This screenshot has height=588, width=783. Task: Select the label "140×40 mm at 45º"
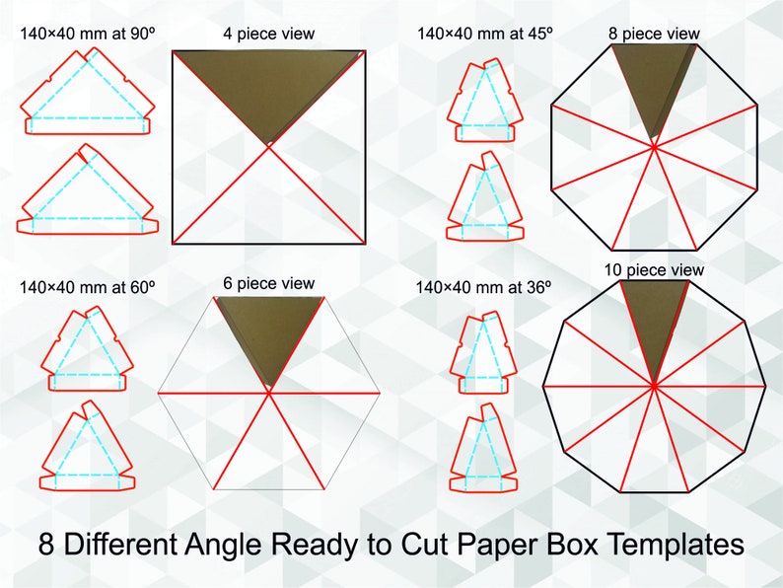pyautogui.click(x=485, y=33)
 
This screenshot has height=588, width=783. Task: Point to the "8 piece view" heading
pyautogui.click(x=654, y=34)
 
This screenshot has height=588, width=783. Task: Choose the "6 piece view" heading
pyautogui.click(x=268, y=283)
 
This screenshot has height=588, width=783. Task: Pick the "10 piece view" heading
pyautogui.click(x=654, y=269)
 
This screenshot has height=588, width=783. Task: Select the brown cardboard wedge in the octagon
pyautogui.click(x=654, y=84)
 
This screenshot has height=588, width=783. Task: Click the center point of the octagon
pyautogui.click(x=654, y=147)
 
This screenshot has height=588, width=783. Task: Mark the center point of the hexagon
pyautogui.click(x=268, y=393)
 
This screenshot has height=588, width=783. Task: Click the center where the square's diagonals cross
pyautogui.click(x=269, y=146)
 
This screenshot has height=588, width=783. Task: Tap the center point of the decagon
pyautogui.click(x=654, y=386)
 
